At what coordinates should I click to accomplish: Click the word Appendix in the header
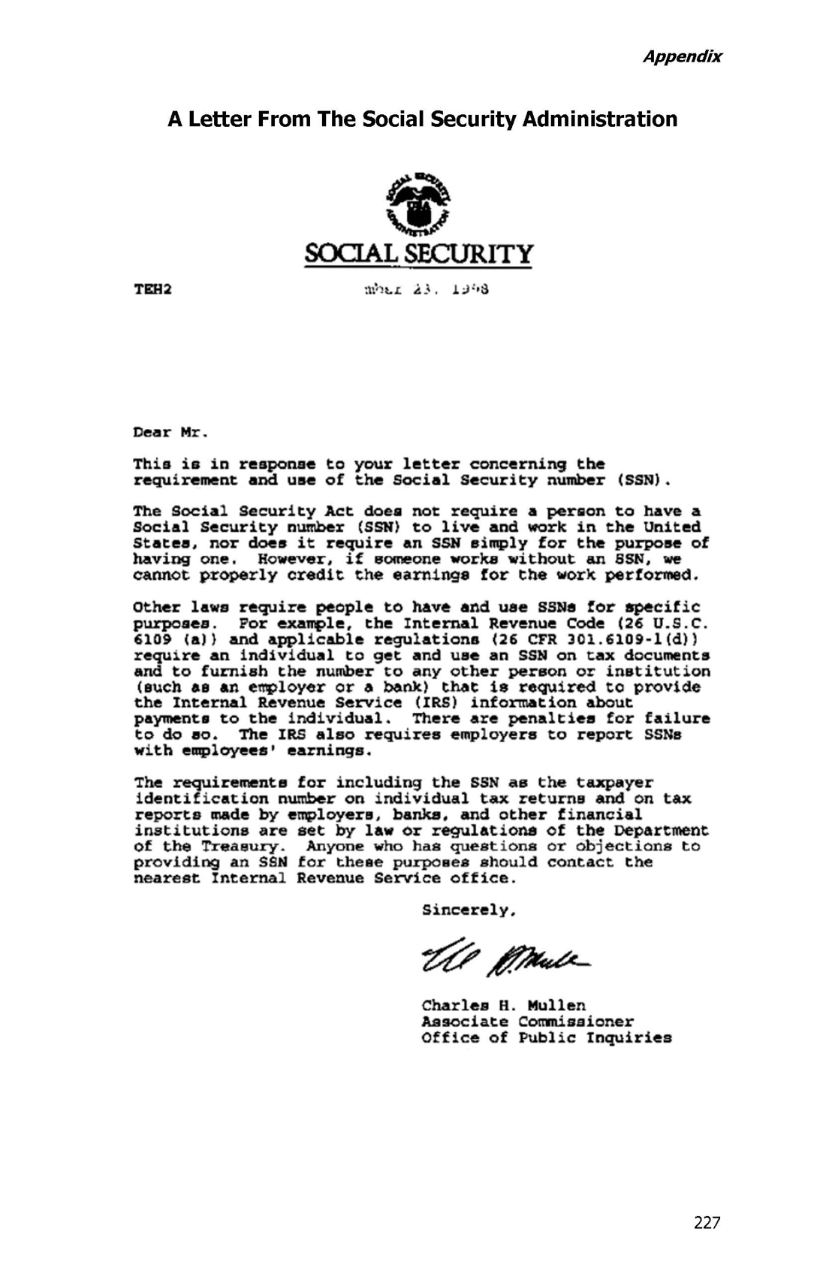[682, 56]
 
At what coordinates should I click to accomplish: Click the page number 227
[707, 1223]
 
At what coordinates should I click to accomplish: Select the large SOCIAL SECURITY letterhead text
[419, 254]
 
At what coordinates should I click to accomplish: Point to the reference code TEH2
[152, 289]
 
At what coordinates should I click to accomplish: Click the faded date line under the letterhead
[427, 289]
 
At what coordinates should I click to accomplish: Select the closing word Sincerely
[469, 910]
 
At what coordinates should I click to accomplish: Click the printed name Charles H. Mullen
[504, 1005]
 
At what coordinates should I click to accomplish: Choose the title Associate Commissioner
[527, 1022]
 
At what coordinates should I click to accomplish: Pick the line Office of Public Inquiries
[547, 1038]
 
